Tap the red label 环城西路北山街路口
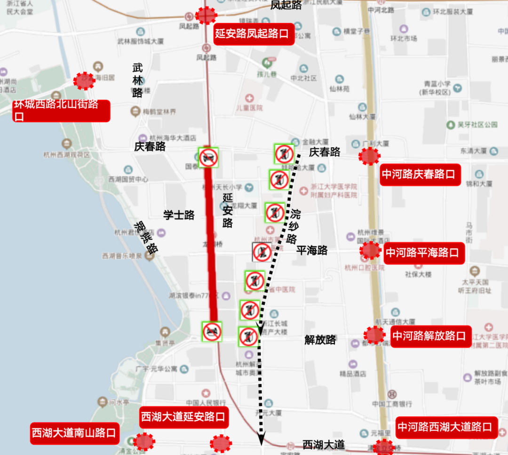[61, 110]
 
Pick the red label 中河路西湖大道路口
[446, 427]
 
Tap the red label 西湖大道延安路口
[184, 417]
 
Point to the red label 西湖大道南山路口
[74, 432]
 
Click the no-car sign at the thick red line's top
[208, 158]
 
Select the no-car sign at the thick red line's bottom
[212, 331]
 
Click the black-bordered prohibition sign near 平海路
[261, 252]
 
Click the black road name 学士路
[179, 215]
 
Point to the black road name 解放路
[320, 339]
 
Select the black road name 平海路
[312, 250]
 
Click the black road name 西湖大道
[324, 444]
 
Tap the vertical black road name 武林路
[137, 80]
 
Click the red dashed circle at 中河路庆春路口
[369, 156]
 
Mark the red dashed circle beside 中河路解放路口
[374, 335]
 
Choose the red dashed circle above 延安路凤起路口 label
[206, 16]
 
